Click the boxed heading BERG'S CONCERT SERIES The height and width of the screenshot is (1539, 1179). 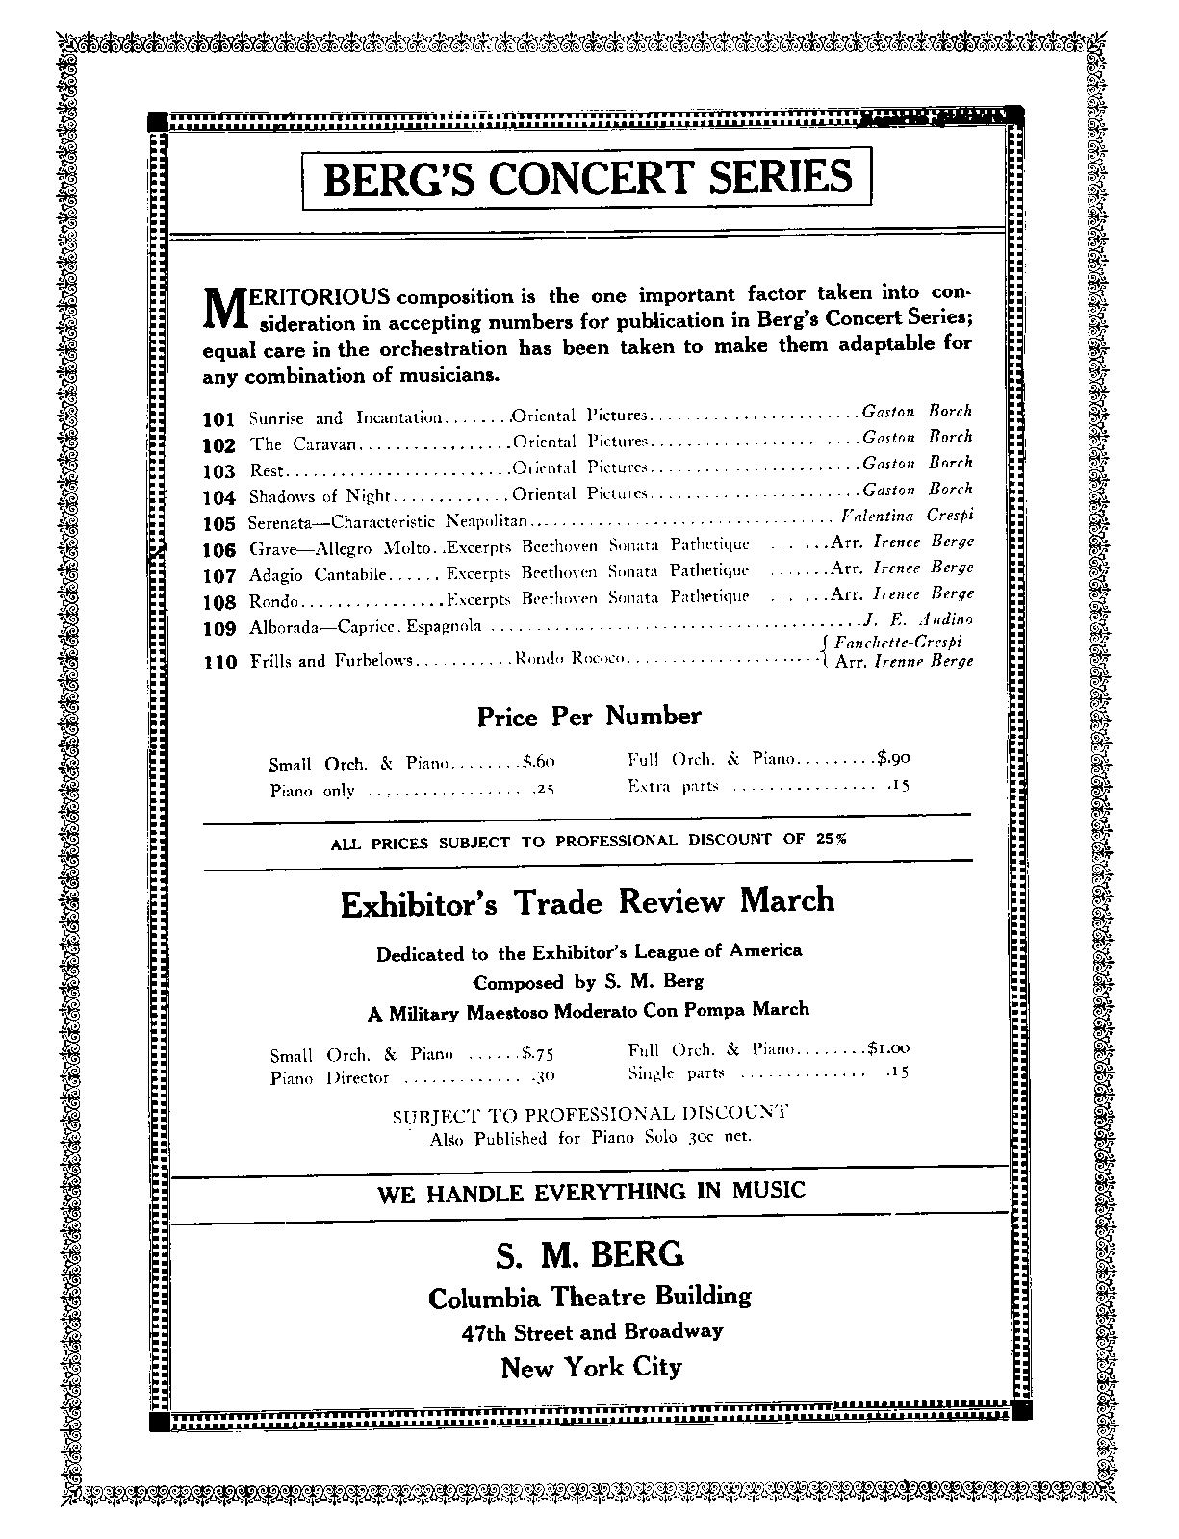pos(587,178)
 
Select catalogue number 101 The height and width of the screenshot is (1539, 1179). pos(219,419)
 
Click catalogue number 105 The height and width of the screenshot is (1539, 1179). pos(219,523)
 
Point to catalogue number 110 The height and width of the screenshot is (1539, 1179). pos(219,662)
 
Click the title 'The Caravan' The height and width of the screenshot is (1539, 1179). pos(303,444)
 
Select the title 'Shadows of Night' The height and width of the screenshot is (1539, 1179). pos(320,496)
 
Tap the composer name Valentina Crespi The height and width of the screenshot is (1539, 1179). pos(908,516)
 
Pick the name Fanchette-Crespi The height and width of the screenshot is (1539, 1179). pos(899,642)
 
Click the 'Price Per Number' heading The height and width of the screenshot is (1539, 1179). pos(589,717)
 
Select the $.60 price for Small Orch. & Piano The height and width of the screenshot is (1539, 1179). pos(538,762)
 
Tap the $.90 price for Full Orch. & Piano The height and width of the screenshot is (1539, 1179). pos(892,758)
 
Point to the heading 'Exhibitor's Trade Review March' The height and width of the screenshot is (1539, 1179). pos(587,902)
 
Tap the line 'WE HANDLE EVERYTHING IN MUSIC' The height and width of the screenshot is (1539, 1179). pos(591,1192)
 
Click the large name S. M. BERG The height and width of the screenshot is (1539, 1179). pos(590,1254)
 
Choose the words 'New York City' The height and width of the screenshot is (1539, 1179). pos(591,1367)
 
